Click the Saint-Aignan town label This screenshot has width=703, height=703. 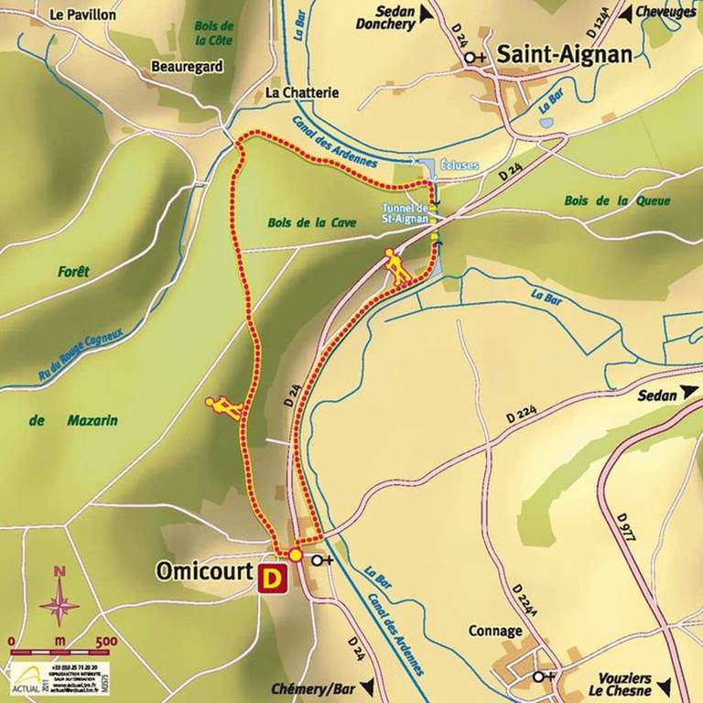pyautogui.click(x=564, y=55)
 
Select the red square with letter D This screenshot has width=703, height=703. pyautogui.click(x=272, y=579)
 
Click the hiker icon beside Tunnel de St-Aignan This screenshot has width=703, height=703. pyautogui.click(x=396, y=265)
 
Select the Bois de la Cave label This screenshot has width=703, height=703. pyautogui.click(x=312, y=222)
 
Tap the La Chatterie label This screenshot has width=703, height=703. pyautogui.click(x=302, y=92)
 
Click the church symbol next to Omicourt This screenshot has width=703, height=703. pyautogui.click(x=320, y=560)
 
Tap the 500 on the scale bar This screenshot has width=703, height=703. pyautogui.click(x=106, y=640)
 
